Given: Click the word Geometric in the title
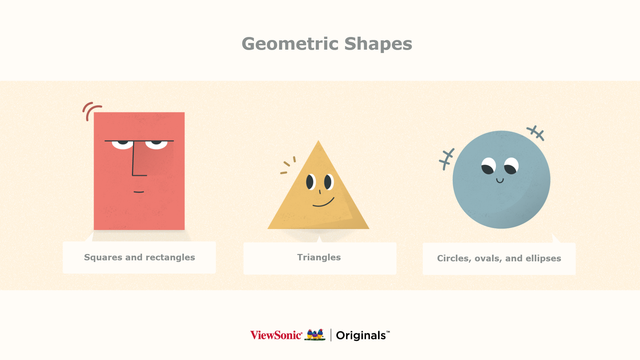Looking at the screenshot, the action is (290, 44).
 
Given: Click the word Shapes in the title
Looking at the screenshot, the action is (378, 44).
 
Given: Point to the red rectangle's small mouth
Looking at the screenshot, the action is (139, 192).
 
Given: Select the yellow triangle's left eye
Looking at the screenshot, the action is (311, 182).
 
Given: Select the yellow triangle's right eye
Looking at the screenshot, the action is (329, 182).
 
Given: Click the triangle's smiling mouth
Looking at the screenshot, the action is (323, 203).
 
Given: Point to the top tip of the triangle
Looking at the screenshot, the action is (318, 140).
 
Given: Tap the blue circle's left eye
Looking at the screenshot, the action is (489, 166).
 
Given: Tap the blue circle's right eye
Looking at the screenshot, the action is (511, 166).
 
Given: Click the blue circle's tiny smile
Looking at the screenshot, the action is (500, 181).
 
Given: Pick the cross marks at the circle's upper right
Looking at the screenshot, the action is (536, 133).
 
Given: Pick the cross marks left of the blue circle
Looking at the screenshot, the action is (446, 159).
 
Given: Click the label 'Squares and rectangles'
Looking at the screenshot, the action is (139, 257).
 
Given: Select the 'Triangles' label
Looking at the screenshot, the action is (319, 257).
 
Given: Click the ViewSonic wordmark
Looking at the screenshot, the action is (276, 335).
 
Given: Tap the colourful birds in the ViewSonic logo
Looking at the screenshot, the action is (315, 335).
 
